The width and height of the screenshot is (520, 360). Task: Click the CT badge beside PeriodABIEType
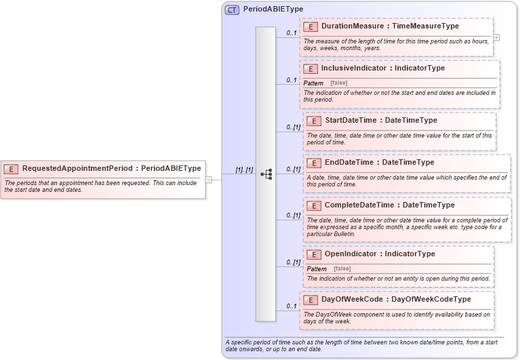click(x=232, y=9)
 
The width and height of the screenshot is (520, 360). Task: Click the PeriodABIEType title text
click(x=273, y=9)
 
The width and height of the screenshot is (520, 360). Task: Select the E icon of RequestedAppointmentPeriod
click(x=12, y=169)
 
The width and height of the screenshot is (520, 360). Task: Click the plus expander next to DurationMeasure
click(x=496, y=37)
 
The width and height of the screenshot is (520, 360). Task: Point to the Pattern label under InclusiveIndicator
click(x=313, y=83)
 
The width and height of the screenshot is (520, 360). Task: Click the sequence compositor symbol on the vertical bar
click(x=266, y=174)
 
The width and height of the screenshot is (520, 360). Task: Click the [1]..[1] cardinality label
click(x=244, y=170)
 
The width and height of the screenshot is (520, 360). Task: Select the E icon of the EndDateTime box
click(x=314, y=163)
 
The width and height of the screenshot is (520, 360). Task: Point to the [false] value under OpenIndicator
click(x=342, y=269)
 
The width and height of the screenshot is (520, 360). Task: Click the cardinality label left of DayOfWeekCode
click(x=292, y=306)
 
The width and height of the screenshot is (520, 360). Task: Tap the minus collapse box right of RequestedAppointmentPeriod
click(x=209, y=180)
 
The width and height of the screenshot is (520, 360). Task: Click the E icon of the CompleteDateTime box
click(x=314, y=205)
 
